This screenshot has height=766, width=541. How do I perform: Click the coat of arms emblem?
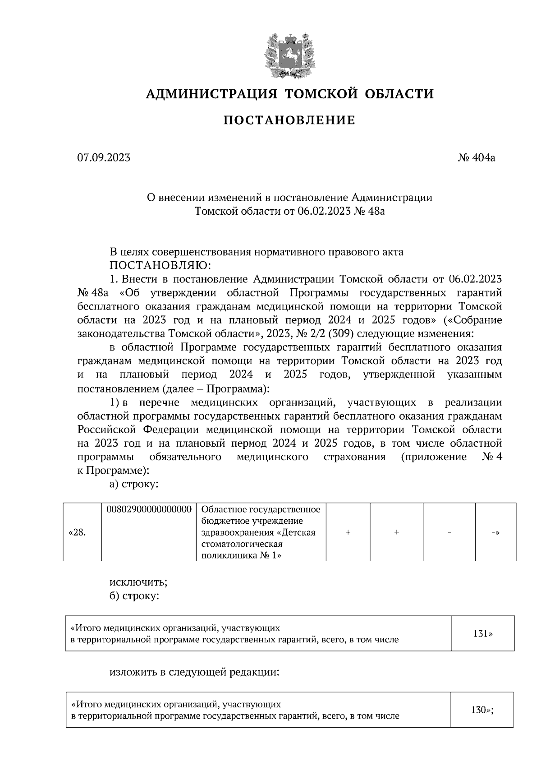(x=289, y=55)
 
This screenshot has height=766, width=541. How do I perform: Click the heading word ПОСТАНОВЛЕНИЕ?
(x=289, y=120)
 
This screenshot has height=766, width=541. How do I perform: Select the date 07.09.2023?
(x=104, y=157)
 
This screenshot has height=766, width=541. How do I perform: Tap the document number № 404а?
(x=477, y=157)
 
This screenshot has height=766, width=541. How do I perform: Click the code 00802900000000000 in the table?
(x=149, y=509)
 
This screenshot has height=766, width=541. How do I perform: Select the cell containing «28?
(x=77, y=532)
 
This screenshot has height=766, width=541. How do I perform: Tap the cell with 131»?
(x=483, y=633)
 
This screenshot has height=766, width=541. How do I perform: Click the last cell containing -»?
(x=495, y=532)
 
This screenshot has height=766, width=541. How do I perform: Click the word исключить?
(x=138, y=582)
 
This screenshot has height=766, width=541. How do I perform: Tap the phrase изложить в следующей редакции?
(x=195, y=672)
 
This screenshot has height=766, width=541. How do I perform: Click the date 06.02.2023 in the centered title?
(x=324, y=211)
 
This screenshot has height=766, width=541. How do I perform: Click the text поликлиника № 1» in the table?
(x=241, y=555)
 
